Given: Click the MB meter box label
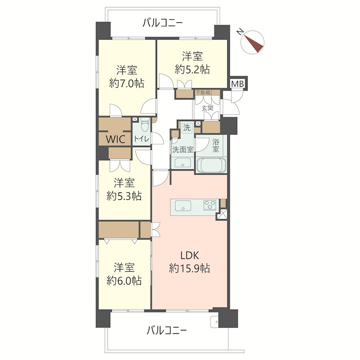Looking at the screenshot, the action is pyautogui.click(x=238, y=84).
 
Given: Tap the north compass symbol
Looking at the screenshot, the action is pyautogui.click(x=252, y=42).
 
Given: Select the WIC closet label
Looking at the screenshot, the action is pyautogui.click(x=116, y=139).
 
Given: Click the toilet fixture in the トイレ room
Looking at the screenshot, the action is pyautogui.click(x=144, y=125).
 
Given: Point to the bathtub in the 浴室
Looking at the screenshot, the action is pyautogui.click(x=211, y=165).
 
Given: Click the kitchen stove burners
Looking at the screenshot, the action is pyautogui.click(x=210, y=205).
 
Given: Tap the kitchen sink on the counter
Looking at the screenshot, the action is pyautogui.click(x=183, y=206).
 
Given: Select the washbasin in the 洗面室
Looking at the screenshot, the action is pyautogui.click(x=183, y=163).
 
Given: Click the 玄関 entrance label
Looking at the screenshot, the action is pyautogui.click(x=207, y=108).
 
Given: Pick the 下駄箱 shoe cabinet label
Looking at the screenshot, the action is pyautogui.click(x=203, y=93).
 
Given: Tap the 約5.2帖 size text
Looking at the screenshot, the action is pyautogui.click(x=192, y=69).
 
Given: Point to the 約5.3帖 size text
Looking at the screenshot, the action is pyautogui.click(x=124, y=196).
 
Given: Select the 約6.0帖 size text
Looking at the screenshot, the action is pyautogui.click(x=124, y=280).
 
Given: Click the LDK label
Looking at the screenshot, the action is pyautogui.click(x=189, y=255).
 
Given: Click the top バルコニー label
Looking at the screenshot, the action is pyautogui.click(x=162, y=23).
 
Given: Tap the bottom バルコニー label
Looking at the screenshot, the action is pyautogui.click(x=166, y=331).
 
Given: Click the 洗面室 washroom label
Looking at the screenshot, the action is pyautogui.click(x=183, y=150).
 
